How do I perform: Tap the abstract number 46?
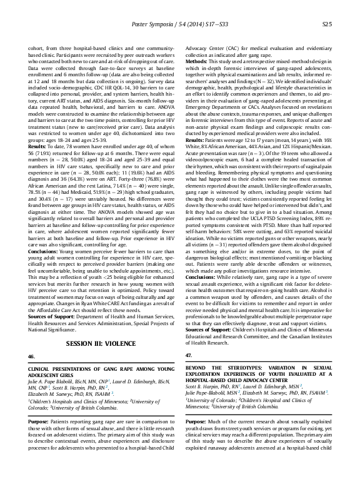tap(31, 356)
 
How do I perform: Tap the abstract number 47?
tap(189, 356)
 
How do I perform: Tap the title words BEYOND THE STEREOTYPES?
tap(220, 370)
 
